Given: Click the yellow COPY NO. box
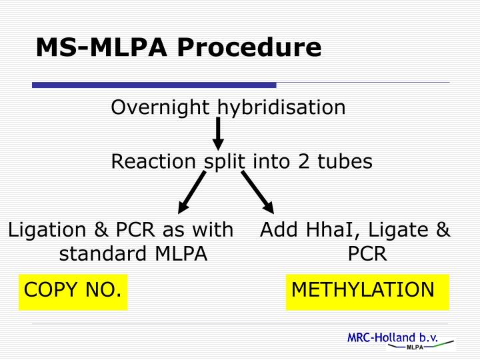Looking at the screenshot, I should pyautogui.click(x=73, y=291).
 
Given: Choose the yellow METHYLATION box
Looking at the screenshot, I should pyautogui.click(x=367, y=291).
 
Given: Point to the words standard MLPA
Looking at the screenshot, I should pyautogui.click(x=133, y=254).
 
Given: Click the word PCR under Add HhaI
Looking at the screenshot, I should pyautogui.click(x=367, y=254).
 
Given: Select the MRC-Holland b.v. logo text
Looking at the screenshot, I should pyautogui.click(x=392, y=338).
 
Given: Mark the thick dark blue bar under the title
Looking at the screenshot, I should pyautogui.click(x=154, y=85).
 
